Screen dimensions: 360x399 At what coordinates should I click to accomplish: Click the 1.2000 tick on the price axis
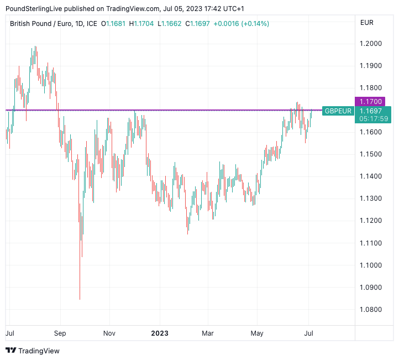coord(370,44)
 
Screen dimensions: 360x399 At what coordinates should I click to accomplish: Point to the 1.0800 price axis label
coord(370,310)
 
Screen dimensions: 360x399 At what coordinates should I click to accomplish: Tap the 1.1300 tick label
coord(370,199)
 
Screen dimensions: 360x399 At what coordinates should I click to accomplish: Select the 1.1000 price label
coord(370,265)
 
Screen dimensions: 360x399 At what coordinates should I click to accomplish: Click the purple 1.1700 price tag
coord(370,102)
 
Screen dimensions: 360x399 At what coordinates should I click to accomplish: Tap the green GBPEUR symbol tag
coord(338,111)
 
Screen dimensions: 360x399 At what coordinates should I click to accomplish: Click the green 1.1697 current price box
coord(370,111)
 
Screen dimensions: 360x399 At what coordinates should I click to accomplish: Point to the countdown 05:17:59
coord(373,118)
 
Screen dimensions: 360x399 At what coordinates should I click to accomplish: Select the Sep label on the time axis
coord(60,333)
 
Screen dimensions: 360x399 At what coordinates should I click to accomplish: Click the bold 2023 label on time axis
coord(159,333)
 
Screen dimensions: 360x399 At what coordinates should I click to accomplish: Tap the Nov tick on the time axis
coord(109,333)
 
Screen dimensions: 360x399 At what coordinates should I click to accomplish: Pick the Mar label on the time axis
coord(208,333)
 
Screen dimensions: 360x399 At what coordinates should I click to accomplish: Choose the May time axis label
coord(257,333)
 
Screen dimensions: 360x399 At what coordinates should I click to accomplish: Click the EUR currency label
coord(366,23)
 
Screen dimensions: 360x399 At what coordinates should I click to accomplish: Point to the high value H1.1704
coord(141,23)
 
